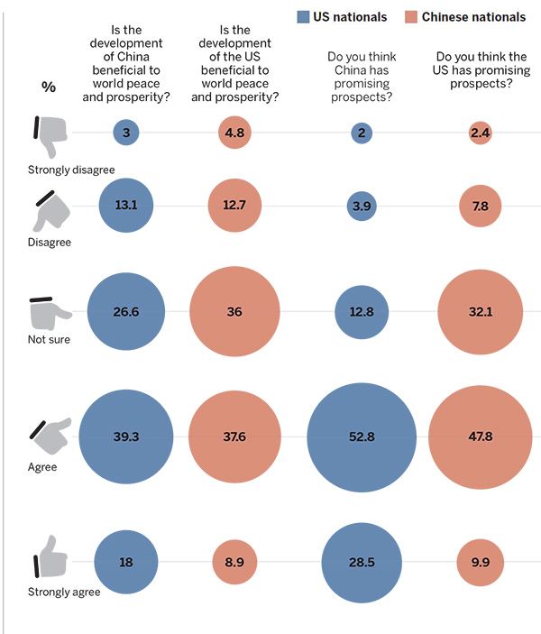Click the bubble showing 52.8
(362, 437)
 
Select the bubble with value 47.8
(481, 437)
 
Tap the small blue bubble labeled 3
(126, 133)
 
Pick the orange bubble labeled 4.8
(234, 133)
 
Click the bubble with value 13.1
(126, 206)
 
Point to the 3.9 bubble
(362, 206)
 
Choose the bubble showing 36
(234, 312)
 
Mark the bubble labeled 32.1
(481, 312)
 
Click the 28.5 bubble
(362, 561)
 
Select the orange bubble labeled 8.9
(234, 561)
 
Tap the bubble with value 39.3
(126, 437)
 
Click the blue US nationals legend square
(304, 15)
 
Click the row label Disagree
(50, 242)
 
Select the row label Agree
(42, 467)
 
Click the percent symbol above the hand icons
(49, 87)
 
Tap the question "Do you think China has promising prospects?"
(362, 70)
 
